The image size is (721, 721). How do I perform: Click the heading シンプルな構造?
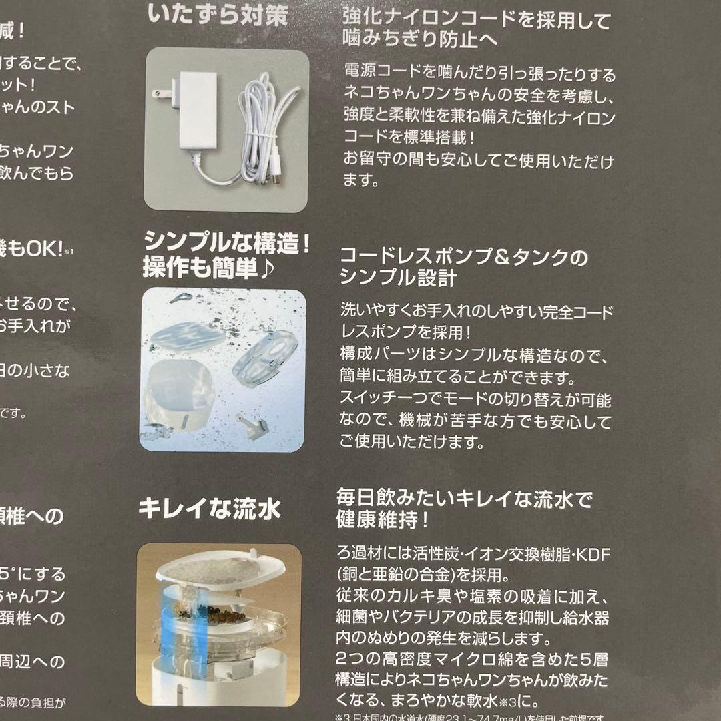click(x=227, y=244)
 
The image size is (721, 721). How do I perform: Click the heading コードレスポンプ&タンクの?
click(x=464, y=257)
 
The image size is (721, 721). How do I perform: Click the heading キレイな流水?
click(x=210, y=509)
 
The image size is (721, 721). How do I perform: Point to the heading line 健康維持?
click(x=383, y=520)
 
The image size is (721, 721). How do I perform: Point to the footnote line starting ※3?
click(x=467, y=717)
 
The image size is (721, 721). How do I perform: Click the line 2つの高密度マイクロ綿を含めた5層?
click(x=473, y=660)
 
